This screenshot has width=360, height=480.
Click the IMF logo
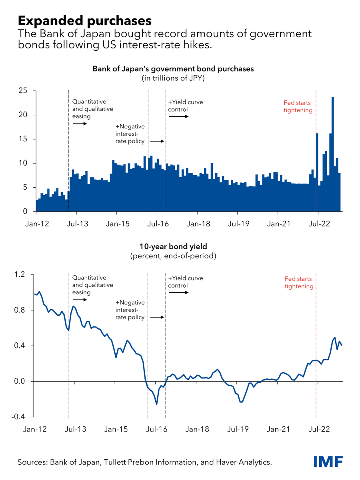coord(328,462)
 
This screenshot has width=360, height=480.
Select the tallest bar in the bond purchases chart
coord(333,154)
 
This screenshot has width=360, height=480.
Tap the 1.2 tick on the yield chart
coord(20,275)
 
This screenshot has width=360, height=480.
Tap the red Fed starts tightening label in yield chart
coord(299,282)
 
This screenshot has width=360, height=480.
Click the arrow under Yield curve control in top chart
coord(178,117)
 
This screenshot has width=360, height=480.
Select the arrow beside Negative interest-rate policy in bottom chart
coord(157,317)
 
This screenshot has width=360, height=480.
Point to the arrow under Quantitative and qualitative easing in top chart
coord(80,124)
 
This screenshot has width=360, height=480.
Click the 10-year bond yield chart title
coord(173,247)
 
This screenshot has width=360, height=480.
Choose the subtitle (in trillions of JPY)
coord(173,78)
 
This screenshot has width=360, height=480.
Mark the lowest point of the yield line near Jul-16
coord(156,404)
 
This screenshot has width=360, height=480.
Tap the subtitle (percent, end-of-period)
coord(173,256)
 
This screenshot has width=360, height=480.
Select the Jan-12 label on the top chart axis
coord(36,224)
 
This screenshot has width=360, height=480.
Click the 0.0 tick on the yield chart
coord(20,382)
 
